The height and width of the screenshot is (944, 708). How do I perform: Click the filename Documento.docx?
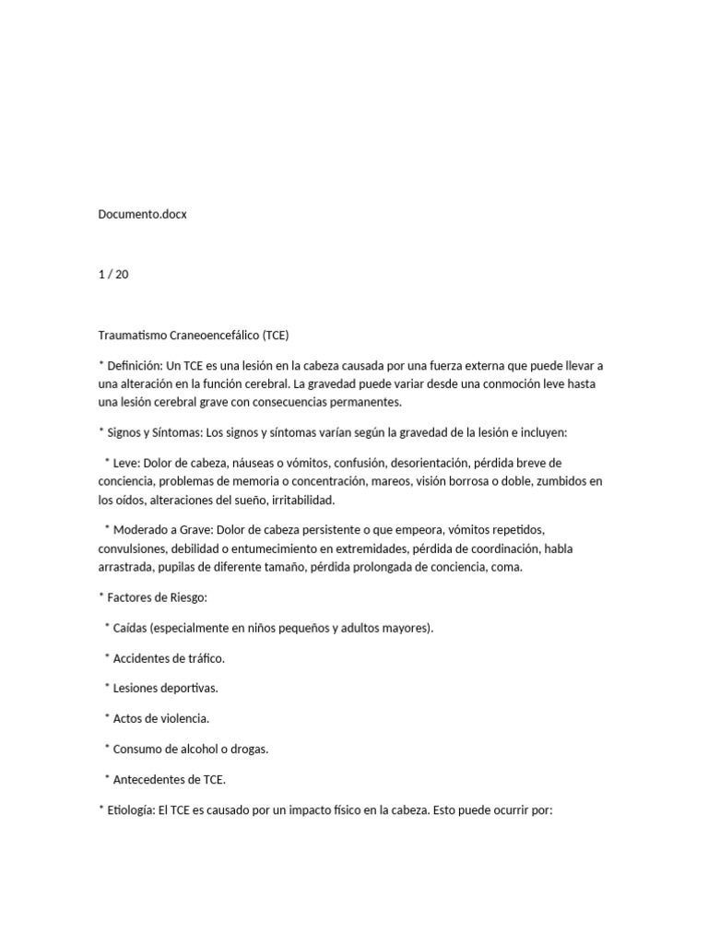(x=142, y=215)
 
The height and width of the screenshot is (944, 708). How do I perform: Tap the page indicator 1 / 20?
(x=113, y=275)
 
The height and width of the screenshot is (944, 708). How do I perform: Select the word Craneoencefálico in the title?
(x=212, y=335)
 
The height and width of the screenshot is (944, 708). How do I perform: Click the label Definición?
(x=136, y=365)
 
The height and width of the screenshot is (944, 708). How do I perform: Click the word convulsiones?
(x=133, y=549)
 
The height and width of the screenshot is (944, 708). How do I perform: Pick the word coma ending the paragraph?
(x=506, y=567)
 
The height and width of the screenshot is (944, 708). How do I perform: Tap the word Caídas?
(x=130, y=628)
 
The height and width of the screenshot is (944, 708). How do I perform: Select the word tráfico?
(x=205, y=658)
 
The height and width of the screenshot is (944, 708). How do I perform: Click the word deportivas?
(x=189, y=689)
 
